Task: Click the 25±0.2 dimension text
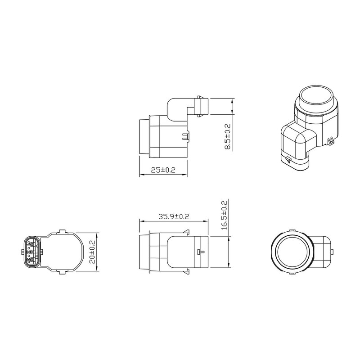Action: point(163,170)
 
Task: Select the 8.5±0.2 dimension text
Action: point(227,137)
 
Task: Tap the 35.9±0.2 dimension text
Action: point(174,216)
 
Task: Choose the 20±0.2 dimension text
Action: point(92,252)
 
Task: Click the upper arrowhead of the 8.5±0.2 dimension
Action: point(232,101)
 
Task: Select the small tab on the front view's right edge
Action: point(332,252)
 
